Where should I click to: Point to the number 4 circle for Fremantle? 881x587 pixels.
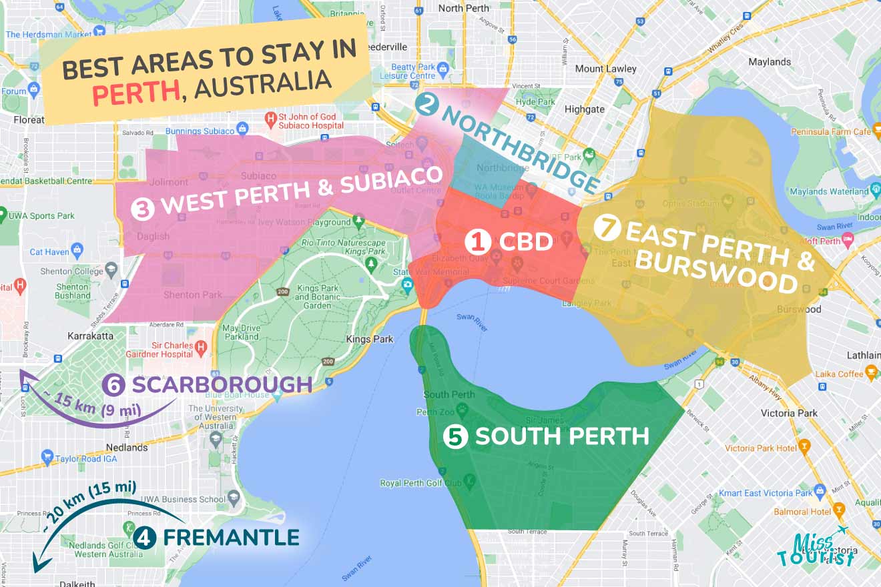tap(144, 537)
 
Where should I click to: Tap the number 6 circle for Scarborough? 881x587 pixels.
tap(114, 385)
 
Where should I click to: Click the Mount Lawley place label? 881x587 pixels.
tap(607, 69)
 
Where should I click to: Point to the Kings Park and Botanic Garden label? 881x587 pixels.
tap(313, 297)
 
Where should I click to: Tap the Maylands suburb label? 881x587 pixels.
tap(770, 61)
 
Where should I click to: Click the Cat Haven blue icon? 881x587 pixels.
tap(77, 251)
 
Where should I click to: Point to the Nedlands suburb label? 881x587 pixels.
tap(126, 448)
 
